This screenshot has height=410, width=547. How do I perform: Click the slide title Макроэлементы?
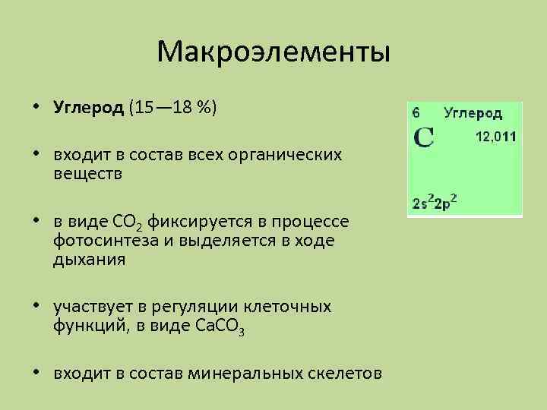pyautogui.click(x=273, y=52)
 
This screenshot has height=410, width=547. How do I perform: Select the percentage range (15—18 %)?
pyautogui.click(x=172, y=108)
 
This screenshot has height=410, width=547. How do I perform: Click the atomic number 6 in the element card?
pyautogui.click(x=416, y=112)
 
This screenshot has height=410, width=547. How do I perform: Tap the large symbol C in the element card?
pyautogui.click(x=422, y=138)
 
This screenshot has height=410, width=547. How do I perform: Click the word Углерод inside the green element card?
pyautogui.click(x=473, y=113)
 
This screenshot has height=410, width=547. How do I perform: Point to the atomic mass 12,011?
pyautogui.click(x=495, y=137)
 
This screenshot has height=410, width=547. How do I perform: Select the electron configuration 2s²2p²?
pyautogui.click(x=439, y=203)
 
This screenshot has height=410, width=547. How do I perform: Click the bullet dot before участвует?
pyautogui.click(x=36, y=307)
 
